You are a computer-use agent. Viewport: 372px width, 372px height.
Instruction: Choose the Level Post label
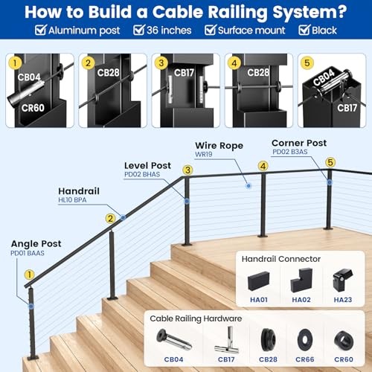click(148, 164)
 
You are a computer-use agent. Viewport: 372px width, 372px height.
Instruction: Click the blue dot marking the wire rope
click(248, 184)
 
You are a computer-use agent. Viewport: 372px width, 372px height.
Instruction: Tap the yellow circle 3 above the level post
click(188, 170)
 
